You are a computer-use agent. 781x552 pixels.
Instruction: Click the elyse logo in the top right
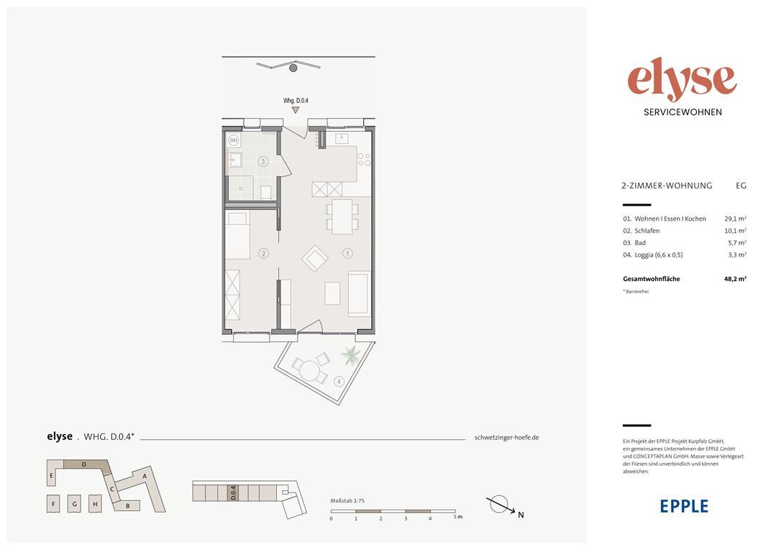(682, 80)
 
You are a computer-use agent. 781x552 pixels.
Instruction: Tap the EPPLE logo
(684, 506)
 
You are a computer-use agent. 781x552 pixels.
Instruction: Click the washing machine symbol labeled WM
(234, 140)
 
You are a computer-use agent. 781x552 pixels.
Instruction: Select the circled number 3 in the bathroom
(263, 161)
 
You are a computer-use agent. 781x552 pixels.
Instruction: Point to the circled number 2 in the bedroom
(263, 253)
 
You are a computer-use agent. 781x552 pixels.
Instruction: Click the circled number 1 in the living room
(347, 253)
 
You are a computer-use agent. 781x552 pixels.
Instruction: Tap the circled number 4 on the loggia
(339, 382)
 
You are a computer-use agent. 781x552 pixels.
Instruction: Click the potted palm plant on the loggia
(350, 355)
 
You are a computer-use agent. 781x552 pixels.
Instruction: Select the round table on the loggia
(310, 371)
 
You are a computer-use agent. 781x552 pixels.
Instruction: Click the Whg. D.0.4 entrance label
(296, 101)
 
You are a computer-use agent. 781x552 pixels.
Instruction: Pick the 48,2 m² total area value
(735, 279)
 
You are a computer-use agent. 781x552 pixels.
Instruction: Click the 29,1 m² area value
(735, 218)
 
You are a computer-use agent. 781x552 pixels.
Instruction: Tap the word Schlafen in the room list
(647, 231)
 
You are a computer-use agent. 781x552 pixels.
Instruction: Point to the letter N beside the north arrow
(521, 515)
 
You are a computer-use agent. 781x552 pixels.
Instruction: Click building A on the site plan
(145, 476)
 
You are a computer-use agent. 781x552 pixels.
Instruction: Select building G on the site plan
(75, 504)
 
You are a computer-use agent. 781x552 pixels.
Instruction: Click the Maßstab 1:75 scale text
(347, 501)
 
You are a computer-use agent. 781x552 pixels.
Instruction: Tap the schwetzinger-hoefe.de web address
(506, 438)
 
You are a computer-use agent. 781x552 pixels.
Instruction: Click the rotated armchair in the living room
(315, 258)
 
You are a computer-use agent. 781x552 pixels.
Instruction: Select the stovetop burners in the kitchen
(364, 159)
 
